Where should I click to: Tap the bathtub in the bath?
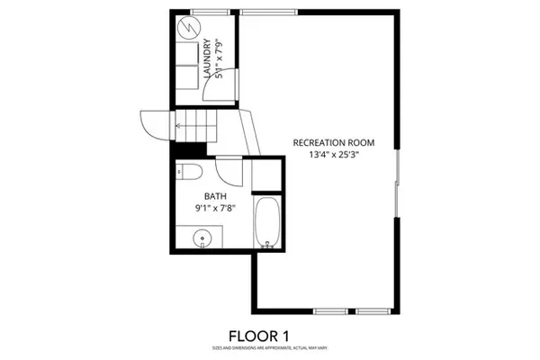tap(266, 223)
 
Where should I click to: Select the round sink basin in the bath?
tap(204, 239)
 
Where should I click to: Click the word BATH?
tap(215, 195)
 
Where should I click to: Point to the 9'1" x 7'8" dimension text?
tap(215, 208)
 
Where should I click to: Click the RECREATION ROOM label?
tap(333, 142)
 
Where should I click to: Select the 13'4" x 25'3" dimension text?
tap(333, 155)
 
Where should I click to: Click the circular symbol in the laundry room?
tap(187, 27)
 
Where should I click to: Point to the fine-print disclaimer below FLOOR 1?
tap(269, 347)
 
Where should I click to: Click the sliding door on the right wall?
tap(397, 184)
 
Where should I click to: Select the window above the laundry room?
tap(205, 11)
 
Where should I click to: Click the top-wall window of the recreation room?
tap(271, 11)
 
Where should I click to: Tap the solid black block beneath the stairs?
tap(189, 151)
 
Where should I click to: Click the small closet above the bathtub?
tap(266, 175)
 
